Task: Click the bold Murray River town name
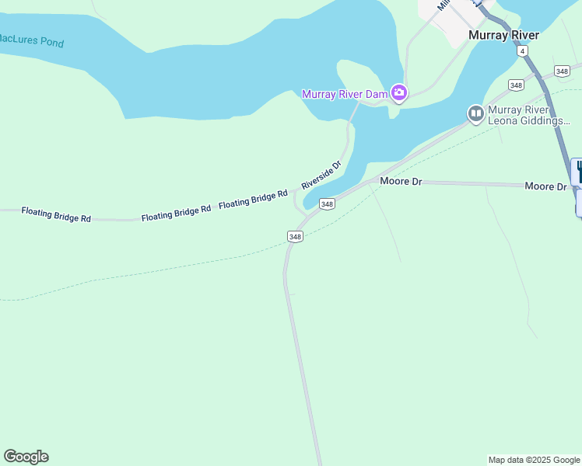pyautogui.click(x=503, y=35)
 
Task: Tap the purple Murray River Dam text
pyautogui.click(x=344, y=94)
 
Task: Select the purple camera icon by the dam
pyautogui.click(x=398, y=93)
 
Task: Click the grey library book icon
pyautogui.click(x=475, y=114)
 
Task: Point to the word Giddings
pyautogui.click(x=545, y=121)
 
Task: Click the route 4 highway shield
pyautogui.click(x=522, y=50)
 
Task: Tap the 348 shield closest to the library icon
pyautogui.click(x=515, y=85)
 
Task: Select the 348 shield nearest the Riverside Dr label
pyautogui.click(x=327, y=203)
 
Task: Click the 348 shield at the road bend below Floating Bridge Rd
pyautogui.click(x=295, y=236)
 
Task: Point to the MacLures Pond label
pyautogui.click(x=31, y=40)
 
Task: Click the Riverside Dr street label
pyautogui.click(x=321, y=176)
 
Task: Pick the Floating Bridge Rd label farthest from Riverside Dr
pyautogui.click(x=56, y=214)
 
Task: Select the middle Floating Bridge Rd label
pyautogui.click(x=176, y=213)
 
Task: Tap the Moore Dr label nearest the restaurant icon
pyautogui.click(x=545, y=186)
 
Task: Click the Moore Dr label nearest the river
pyautogui.click(x=400, y=181)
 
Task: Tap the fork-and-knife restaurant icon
pyautogui.click(x=577, y=171)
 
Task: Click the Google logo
pyautogui.click(x=26, y=457)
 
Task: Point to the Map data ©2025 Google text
pyautogui.click(x=534, y=460)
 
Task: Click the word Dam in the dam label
pyautogui.click(x=377, y=94)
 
